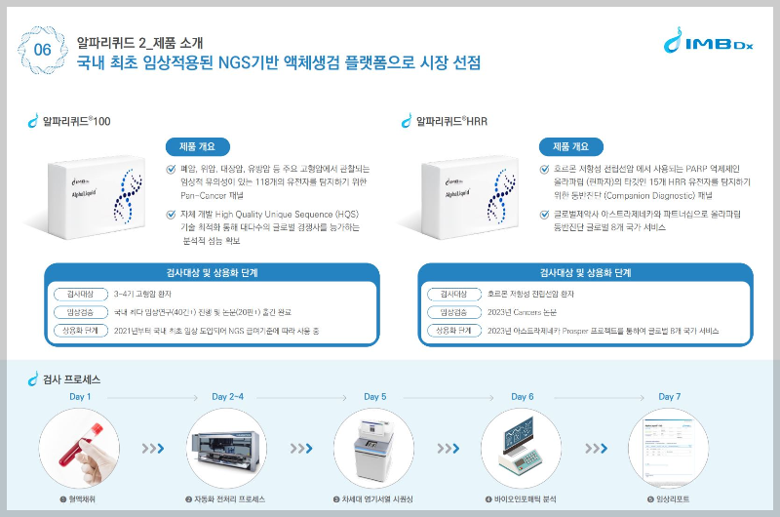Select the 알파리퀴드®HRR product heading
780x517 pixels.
(450, 122)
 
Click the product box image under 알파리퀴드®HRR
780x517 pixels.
(473, 199)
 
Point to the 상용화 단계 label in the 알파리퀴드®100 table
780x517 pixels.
(79, 331)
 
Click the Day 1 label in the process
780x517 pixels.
(80, 397)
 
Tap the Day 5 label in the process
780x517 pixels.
(375, 397)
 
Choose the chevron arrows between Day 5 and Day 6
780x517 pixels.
(447, 449)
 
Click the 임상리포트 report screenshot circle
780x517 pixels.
(670, 448)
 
